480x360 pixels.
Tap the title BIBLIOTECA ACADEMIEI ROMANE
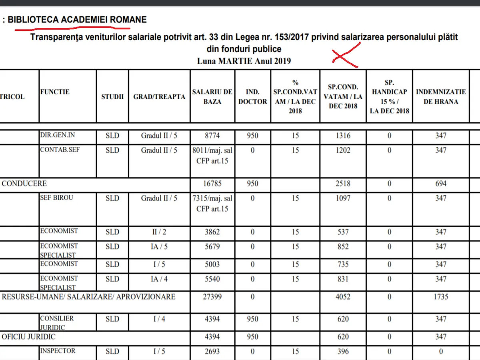coord(77,19)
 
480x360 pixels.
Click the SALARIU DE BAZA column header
coord(212,96)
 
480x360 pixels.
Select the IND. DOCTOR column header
coord(252,96)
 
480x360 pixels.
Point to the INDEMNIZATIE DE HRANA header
coord(441,96)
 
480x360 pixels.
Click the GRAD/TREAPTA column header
coord(159,96)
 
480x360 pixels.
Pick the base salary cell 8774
coord(212,136)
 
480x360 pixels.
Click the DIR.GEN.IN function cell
coord(58,135)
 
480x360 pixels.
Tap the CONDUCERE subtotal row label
coord(24,184)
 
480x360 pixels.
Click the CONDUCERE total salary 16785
coord(212,184)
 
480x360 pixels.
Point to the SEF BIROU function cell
coord(57,198)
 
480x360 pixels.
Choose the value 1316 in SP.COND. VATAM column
coord(343,136)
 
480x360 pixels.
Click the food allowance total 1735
coord(441,297)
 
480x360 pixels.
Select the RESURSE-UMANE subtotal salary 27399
coord(212,297)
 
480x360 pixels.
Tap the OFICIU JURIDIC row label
coord(29,337)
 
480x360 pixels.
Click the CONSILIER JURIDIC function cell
coord(57,322)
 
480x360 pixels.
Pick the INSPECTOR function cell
coord(58,351)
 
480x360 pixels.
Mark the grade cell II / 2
coord(159,232)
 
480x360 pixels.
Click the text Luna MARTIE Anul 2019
coord(244,61)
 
